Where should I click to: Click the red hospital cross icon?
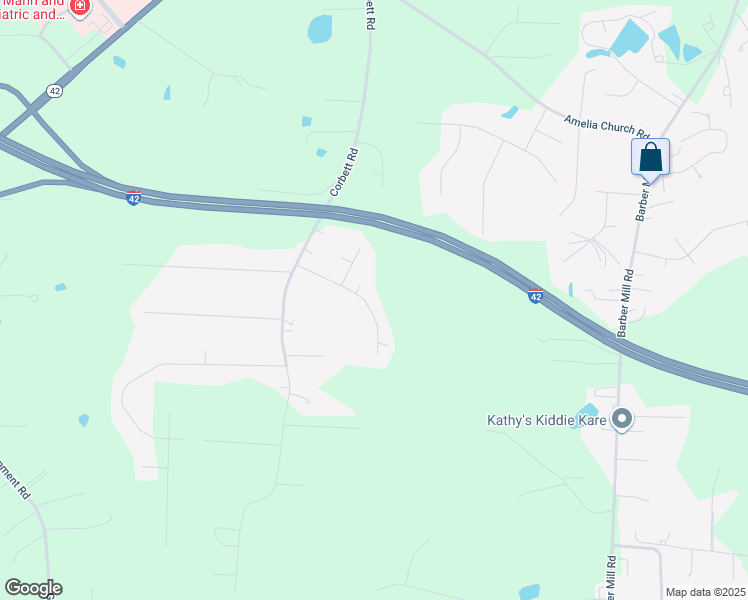pyautogui.click(x=79, y=7)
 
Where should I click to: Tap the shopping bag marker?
pyautogui.click(x=650, y=157)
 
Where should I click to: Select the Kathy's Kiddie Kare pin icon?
pyautogui.click(x=622, y=420)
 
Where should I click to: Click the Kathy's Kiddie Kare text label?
pyautogui.click(x=546, y=420)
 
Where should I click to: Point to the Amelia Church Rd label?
pyautogui.click(x=607, y=126)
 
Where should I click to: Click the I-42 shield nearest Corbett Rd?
pyautogui.click(x=133, y=198)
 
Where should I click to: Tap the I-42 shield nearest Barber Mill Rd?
pyautogui.click(x=535, y=296)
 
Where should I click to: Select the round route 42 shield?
pyautogui.click(x=54, y=90)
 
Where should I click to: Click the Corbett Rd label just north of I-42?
pyautogui.click(x=344, y=172)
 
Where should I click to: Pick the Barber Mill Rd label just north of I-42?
pyautogui.click(x=626, y=299)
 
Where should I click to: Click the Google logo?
pyautogui.click(x=33, y=588)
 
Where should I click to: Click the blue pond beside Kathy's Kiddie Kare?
pyautogui.click(x=588, y=411)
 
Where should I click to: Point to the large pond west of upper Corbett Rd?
pyautogui.click(x=320, y=29)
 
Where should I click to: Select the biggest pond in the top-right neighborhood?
pyautogui.click(x=629, y=38)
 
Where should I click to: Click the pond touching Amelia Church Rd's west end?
pyautogui.click(x=511, y=112)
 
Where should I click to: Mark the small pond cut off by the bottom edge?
pyautogui.click(x=530, y=592)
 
